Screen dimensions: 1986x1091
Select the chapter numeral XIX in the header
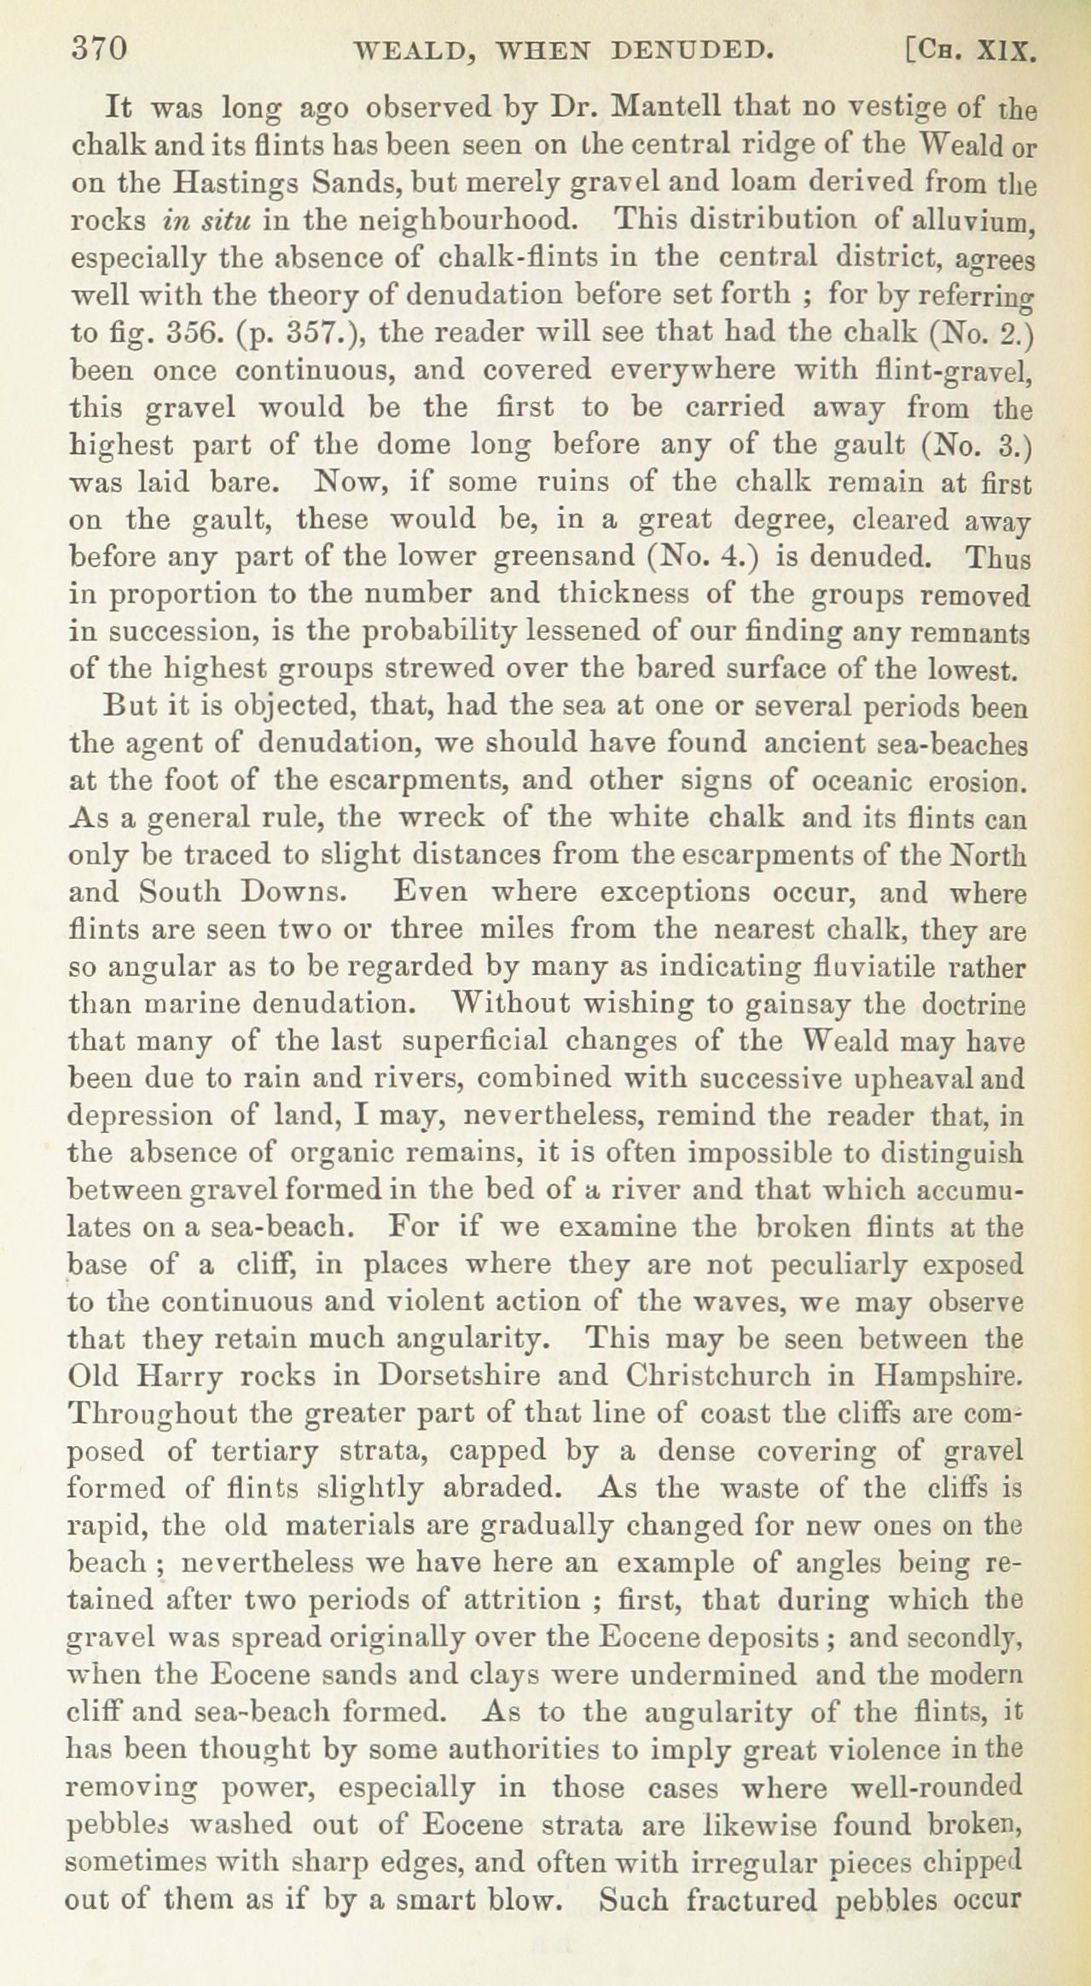[x=1007, y=51]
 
